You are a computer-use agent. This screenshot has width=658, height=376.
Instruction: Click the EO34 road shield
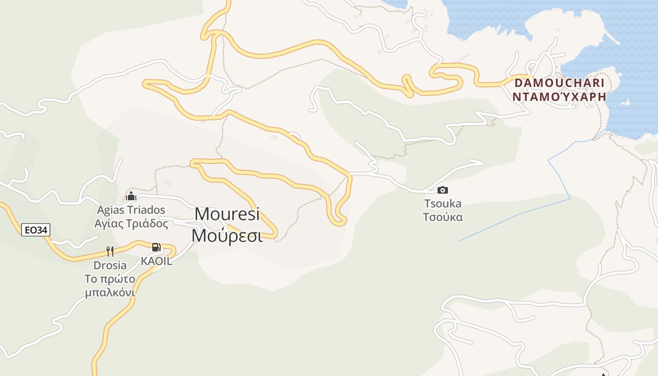36,230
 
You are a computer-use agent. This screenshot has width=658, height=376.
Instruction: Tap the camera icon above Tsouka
442,190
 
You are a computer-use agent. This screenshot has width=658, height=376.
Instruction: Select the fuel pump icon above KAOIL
156,247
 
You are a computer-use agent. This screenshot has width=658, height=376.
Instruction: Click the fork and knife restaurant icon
110,251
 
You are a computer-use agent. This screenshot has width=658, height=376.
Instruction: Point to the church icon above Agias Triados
131,196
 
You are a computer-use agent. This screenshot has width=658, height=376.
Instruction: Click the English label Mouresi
227,214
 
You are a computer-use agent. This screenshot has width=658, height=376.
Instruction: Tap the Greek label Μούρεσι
227,235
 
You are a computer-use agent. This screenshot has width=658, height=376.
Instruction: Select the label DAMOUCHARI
559,83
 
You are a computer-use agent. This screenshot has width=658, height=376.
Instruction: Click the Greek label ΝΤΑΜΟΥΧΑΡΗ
559,97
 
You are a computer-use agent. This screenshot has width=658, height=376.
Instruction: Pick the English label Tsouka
443,204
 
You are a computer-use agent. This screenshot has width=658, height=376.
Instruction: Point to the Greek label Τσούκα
443,217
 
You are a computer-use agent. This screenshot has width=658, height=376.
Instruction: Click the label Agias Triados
131,210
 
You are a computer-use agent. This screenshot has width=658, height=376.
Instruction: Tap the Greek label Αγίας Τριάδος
131,223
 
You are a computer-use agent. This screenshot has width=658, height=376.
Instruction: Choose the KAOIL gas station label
157,261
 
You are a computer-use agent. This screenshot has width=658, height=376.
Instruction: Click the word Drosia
110,265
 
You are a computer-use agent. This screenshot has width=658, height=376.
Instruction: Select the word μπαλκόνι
110,293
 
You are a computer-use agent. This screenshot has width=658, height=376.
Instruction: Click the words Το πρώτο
110,279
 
